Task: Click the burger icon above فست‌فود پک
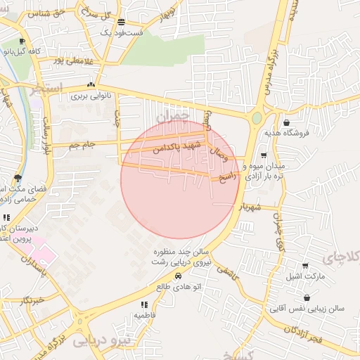[122, 22]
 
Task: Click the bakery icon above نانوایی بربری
[91, 85]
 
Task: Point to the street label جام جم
[82, 145]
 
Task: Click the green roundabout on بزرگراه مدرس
[257, 117]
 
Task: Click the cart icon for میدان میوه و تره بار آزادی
[264, 155]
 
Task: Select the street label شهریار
[250, 208]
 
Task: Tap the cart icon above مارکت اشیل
[304, 266]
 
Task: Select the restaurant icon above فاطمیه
[144, 304]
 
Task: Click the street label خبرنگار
[33, 300]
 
